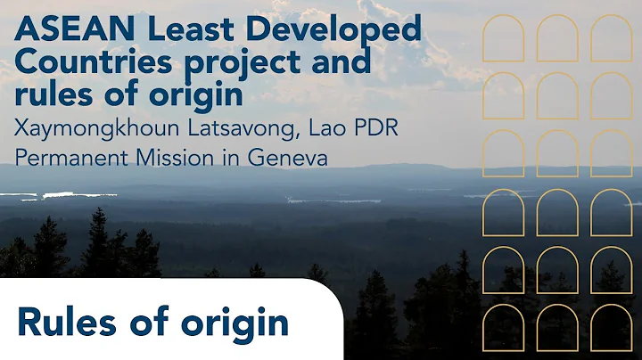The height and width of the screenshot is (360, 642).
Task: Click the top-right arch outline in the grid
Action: tap(611, 38)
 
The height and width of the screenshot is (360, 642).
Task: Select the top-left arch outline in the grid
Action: tap(503, 38)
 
